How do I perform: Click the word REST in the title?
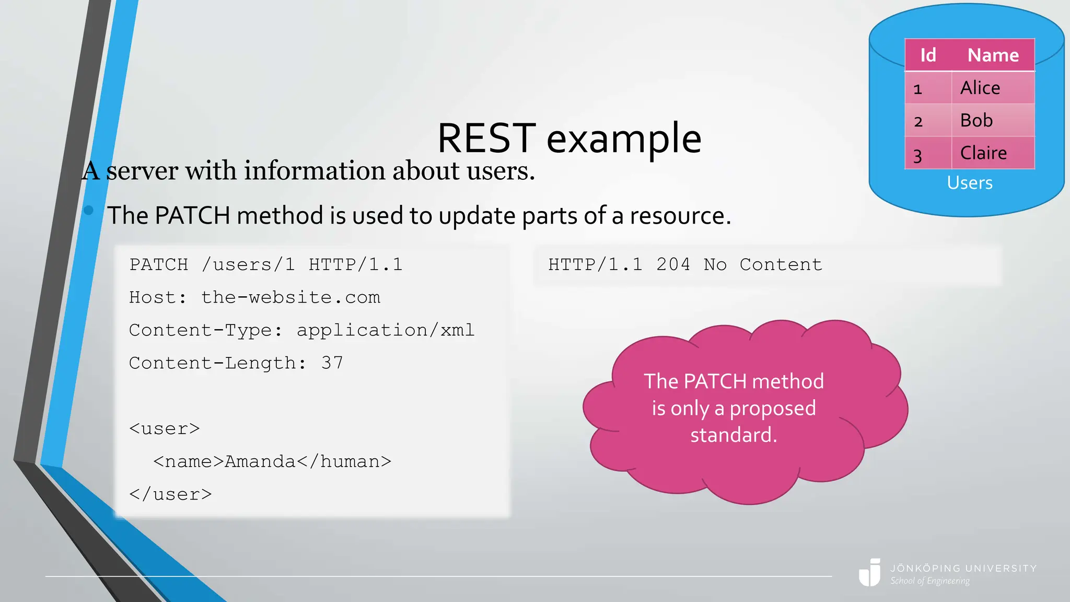486,138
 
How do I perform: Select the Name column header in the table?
993,55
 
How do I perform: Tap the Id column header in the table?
928,55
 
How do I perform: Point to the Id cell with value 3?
918,155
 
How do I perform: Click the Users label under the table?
970,183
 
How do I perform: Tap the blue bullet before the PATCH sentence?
88,210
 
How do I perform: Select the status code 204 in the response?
673,265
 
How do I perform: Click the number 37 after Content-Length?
332,363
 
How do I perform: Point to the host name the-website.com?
290,297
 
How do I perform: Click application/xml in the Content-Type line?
386,330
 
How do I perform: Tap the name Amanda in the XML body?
260,462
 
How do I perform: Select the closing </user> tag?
170,495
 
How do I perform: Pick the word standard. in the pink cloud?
734,435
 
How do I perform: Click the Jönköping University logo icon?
870,573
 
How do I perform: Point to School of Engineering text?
930,581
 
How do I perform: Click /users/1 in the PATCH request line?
248,265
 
